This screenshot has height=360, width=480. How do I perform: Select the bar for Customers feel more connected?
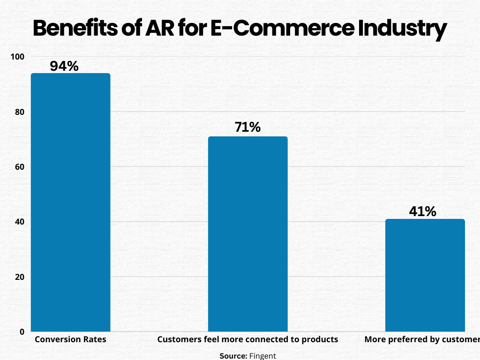247,234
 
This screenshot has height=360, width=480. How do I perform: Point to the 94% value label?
64,66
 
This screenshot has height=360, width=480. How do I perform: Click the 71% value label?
247,127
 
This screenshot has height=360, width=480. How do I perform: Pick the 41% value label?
422,211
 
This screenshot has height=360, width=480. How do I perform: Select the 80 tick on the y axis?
19,112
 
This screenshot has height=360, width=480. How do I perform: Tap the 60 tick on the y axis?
19,167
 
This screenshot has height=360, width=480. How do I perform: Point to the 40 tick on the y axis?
19,222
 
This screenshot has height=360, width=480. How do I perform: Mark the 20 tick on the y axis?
19,277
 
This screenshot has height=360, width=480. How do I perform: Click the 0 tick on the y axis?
22,332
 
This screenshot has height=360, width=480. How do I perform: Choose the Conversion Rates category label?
70,339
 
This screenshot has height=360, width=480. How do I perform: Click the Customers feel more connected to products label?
247,339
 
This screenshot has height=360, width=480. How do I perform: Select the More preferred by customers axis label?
422,339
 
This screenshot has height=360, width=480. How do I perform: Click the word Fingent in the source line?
263,356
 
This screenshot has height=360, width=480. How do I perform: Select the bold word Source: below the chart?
233,356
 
